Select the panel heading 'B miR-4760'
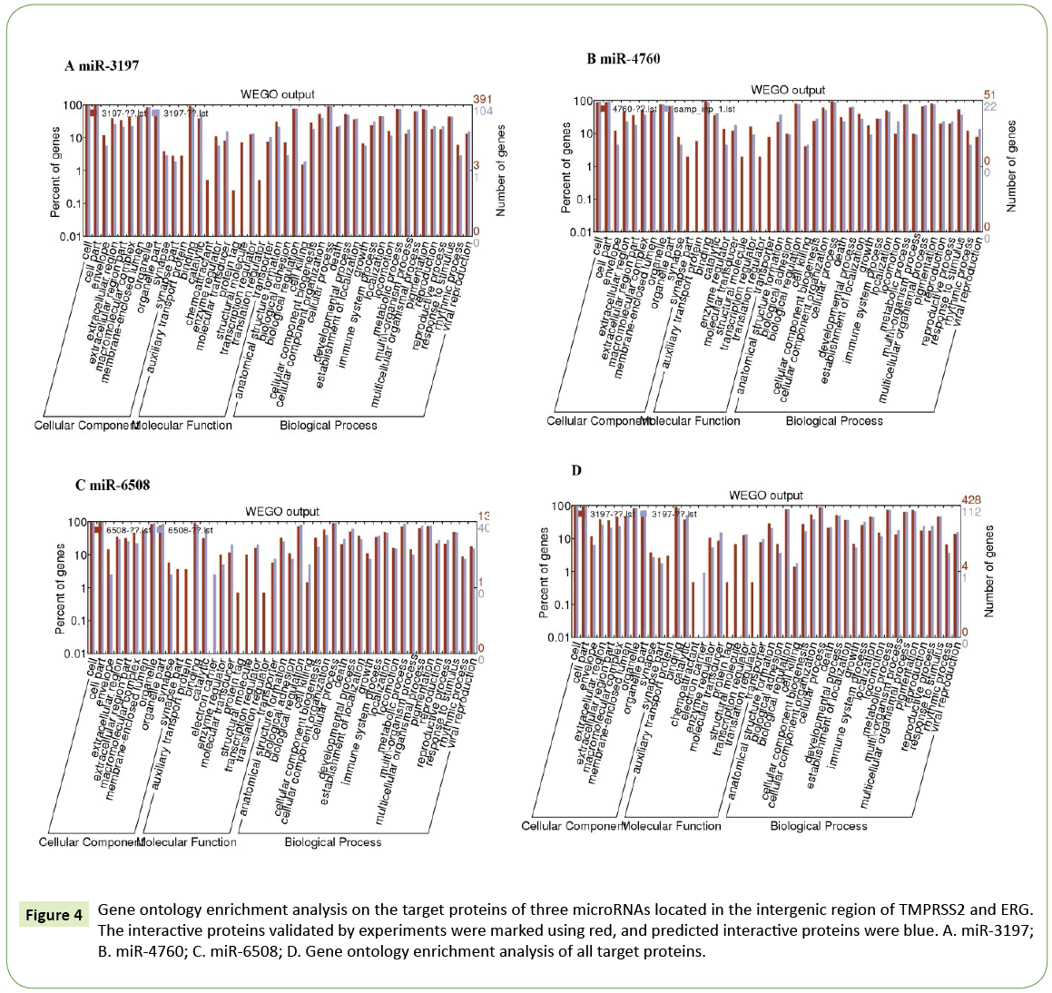tap(623, 59)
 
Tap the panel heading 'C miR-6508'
tap(112, 485)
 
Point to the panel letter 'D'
tap(575, 470)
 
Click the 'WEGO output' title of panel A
tap(277, 93)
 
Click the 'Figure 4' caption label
tap(54, 914)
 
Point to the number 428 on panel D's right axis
tap(975, 500)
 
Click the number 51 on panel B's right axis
tap(989, 94)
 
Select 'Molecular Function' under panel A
tap(185, 425)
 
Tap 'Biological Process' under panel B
tap(833, 420)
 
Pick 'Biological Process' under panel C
tap(332, 841)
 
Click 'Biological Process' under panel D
tap(818, 825)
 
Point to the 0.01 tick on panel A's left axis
tap(68, 236)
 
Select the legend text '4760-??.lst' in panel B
tap(634, 107)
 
